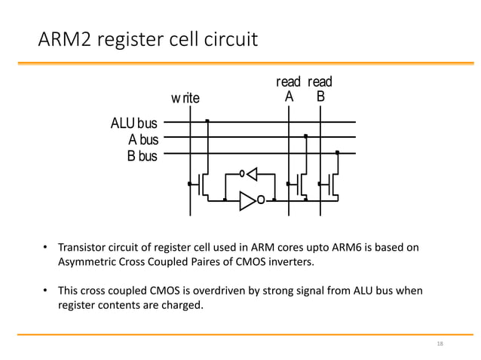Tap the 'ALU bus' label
134,123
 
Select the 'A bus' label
143,139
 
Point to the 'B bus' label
142,156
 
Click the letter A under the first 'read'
289,97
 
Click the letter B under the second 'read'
320,97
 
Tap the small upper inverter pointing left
250,174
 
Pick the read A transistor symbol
300,184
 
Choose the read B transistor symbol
332,184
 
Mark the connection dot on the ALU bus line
207,121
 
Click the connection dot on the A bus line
305,136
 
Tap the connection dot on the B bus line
337,153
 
